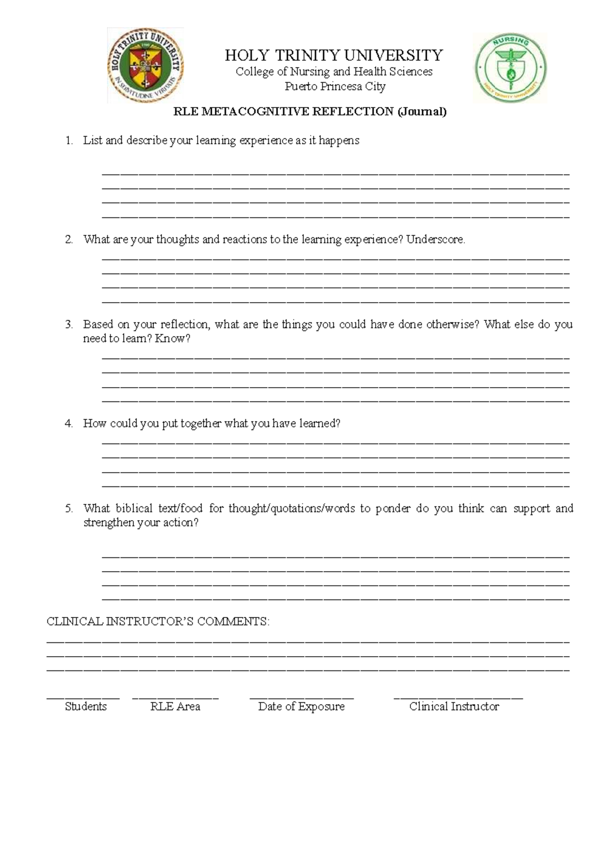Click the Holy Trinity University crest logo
click(145, 66)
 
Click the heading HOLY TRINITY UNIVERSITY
click(334, 55)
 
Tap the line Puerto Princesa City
click(335, 86)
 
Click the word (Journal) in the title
click(422, 112)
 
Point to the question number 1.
click(69, 141)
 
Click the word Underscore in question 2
click(435, 239)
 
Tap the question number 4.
click(69, 423)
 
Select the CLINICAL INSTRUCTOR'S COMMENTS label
click(158, 622)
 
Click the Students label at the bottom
click(86, 707)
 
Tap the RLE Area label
click(175, 707)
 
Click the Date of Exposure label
click(301, 707)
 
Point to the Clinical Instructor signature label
click(454, 707)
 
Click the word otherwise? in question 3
click(452, 325)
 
